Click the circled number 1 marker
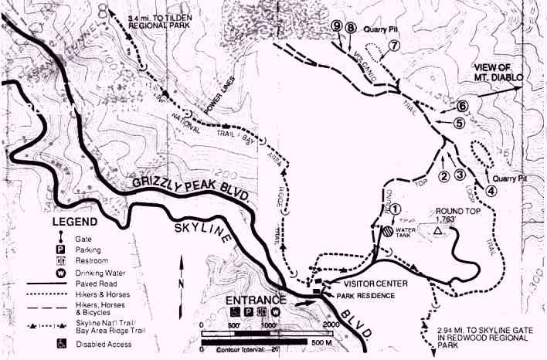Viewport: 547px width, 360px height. [x=396, y=207]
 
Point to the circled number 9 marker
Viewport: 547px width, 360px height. [x=336, y=26]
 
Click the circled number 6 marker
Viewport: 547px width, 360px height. [x=462, y=106]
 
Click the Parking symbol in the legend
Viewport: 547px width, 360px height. [x=57, y=250]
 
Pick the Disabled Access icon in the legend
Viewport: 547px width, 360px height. [x=57, y=342]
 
